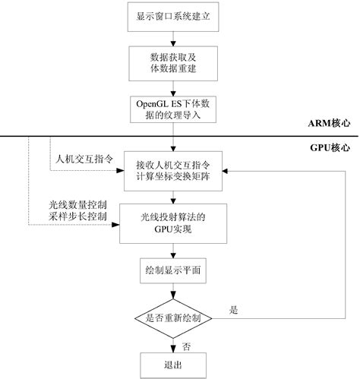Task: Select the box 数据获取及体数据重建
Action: point(174,63)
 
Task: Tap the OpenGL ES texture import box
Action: point(174,110)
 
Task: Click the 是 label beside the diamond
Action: point(233,309)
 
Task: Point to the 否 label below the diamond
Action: point(186,345)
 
